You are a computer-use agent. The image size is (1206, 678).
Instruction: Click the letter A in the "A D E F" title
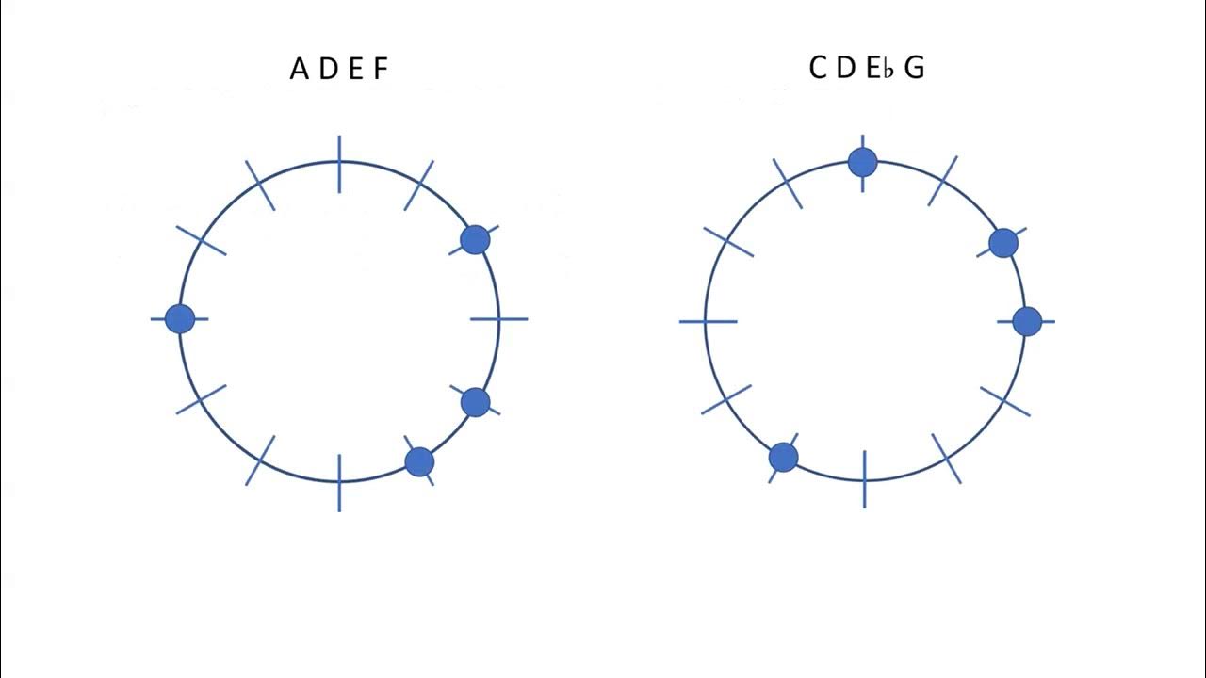click(300, 69)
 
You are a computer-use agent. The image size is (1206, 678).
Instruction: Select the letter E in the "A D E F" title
click(356, 69)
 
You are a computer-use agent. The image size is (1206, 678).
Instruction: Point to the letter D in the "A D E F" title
click(329, 69)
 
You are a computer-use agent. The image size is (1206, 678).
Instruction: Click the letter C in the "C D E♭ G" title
click(819, 68)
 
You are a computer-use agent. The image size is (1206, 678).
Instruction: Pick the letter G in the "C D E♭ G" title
click(914, 68)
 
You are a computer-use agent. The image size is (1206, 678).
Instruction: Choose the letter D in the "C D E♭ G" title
click(846, 68)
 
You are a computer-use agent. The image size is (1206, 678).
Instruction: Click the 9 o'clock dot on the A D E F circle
click(180, 318)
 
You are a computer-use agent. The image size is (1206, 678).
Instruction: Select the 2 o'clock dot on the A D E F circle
click(475, 239)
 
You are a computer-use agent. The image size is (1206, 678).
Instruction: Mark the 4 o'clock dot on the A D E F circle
click(476, 402)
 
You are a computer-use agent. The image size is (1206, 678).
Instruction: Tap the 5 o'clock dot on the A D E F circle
click(419, 461)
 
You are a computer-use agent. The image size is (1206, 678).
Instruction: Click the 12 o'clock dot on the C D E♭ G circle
click(862, 162)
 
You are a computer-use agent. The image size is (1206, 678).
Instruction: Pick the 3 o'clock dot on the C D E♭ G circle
click(1027, 321)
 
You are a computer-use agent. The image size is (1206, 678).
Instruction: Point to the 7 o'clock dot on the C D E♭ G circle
click(783, 458)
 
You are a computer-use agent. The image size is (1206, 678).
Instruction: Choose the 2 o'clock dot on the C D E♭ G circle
click(1003, 243)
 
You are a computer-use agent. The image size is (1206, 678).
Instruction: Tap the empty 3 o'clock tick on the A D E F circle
click(498, 319)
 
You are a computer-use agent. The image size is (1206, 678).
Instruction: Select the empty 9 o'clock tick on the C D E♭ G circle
click(707, 321)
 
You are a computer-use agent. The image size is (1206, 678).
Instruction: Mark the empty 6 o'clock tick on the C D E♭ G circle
click(864, 479)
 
